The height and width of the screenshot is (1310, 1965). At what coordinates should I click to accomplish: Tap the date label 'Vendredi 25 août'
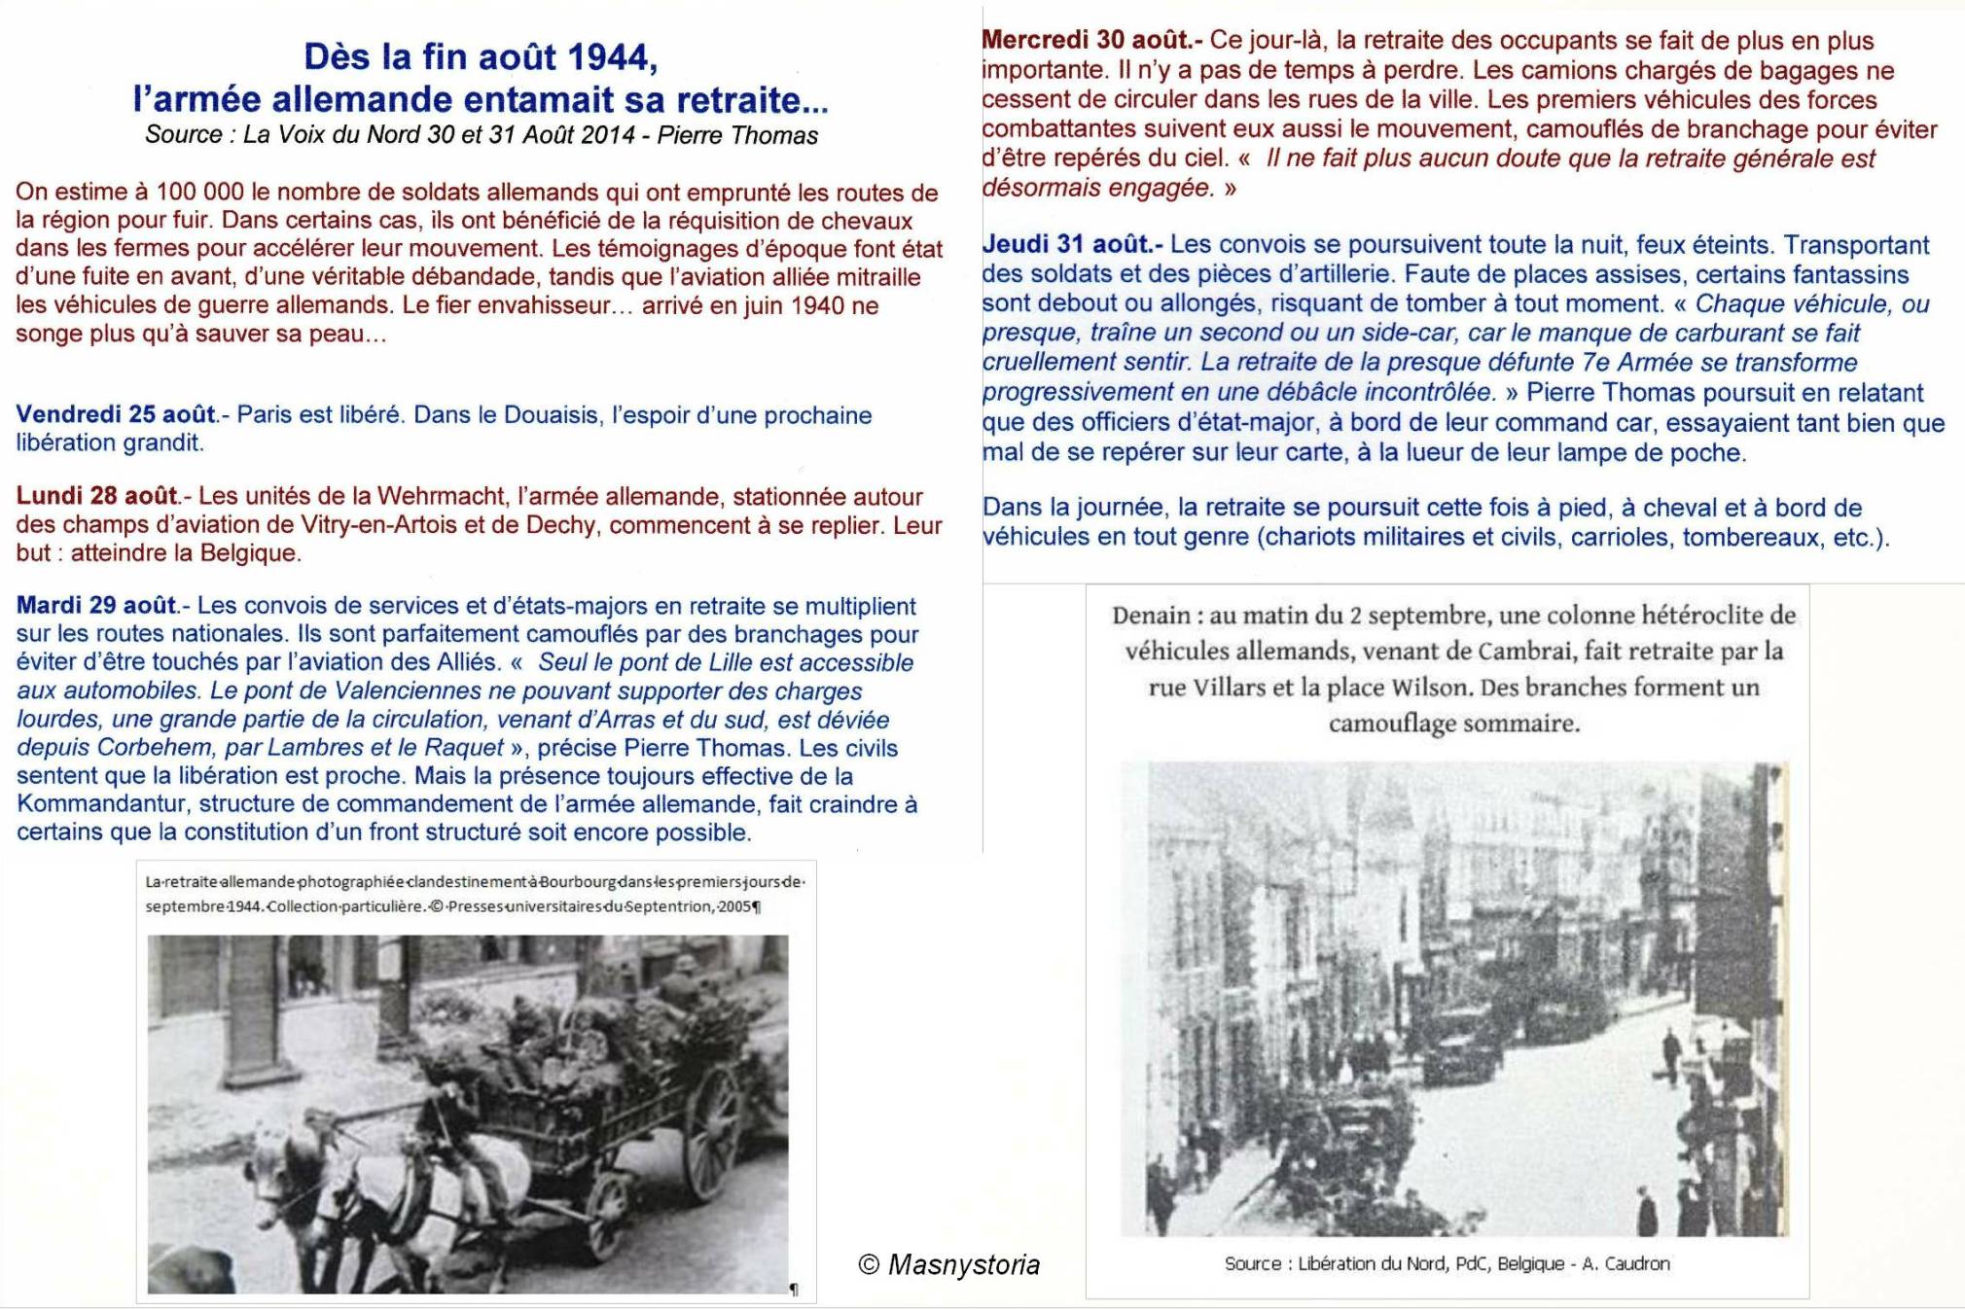pyautogui.click(x=116, y=415)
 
